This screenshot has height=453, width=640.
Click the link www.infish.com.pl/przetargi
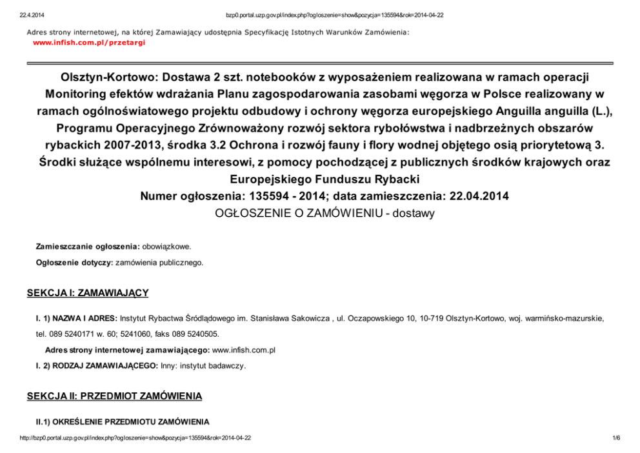[89, 42]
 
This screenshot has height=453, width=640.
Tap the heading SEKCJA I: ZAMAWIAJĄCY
[88, 294]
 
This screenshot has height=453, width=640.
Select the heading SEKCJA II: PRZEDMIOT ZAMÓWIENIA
[114, 396]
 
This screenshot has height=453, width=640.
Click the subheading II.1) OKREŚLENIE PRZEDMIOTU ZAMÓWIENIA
[123, 421]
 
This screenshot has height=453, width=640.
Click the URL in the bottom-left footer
[135, 438]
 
